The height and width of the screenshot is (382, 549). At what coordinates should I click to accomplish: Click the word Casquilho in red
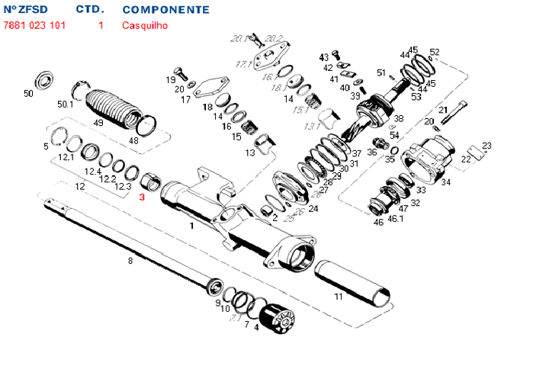point(145,25)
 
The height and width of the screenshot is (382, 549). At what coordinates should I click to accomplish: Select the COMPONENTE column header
point(165,10)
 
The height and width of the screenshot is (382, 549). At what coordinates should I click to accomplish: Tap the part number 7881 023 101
point(35,25)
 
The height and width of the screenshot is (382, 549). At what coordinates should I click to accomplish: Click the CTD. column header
point(91,10)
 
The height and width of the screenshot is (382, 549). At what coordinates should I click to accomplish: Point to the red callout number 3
point(141,197)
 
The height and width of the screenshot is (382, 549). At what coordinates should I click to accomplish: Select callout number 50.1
point(66,104)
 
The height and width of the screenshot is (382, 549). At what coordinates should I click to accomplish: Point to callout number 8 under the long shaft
point(130,261)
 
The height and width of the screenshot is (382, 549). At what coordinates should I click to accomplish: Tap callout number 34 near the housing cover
point(446,182)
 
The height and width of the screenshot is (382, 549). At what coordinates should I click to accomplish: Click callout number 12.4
point(93,171)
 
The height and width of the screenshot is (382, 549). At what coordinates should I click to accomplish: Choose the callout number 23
point(486,145)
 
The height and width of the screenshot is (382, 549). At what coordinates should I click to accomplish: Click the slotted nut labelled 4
point(275,319)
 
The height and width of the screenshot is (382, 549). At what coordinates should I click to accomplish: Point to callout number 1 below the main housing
point(191,226)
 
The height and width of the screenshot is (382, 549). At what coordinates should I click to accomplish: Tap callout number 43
point(323,57)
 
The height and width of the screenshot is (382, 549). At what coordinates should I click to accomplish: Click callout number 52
point(435,52)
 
